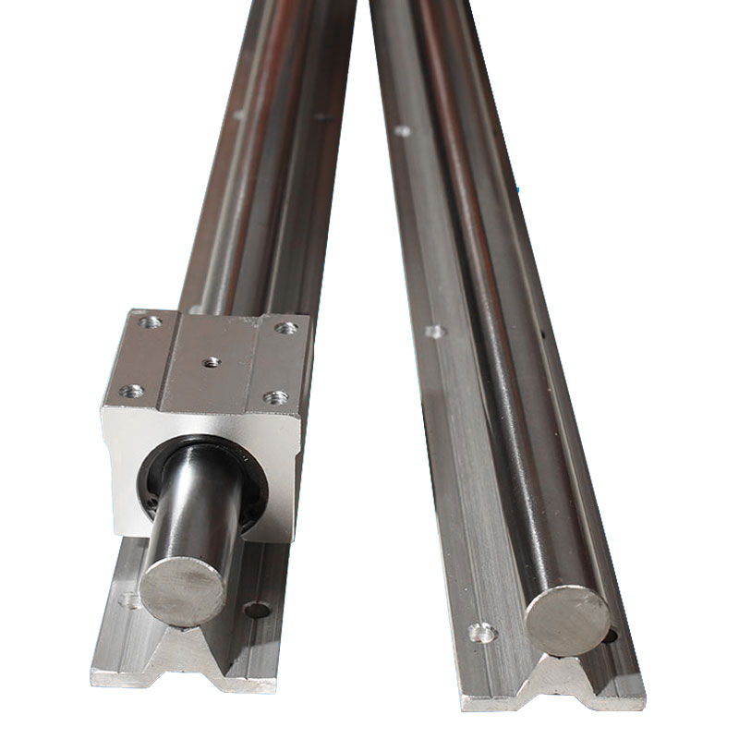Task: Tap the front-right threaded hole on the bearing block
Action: pyautogui.click(x=275, y=397)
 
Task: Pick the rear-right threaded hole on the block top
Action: pyautogui.click(x=286, y=327)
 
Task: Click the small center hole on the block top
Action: pyautogui.click(x=212, y=362)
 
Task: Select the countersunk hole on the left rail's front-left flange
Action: pyautogui.click(x=131, y=601)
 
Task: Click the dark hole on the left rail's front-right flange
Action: pyautogui.click(x=257, y=610)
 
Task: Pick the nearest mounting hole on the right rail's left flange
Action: pyautogui.click(x=481, y=633)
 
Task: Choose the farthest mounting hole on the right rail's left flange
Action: pyautogui.click(x=402, y=130)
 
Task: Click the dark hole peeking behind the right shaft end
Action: pyautogui.click(x=609, y=635)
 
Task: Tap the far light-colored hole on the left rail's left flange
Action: pyautogui.click(x=239, y=115)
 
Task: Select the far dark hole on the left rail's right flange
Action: pyautogui.click(x=322, y=116)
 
